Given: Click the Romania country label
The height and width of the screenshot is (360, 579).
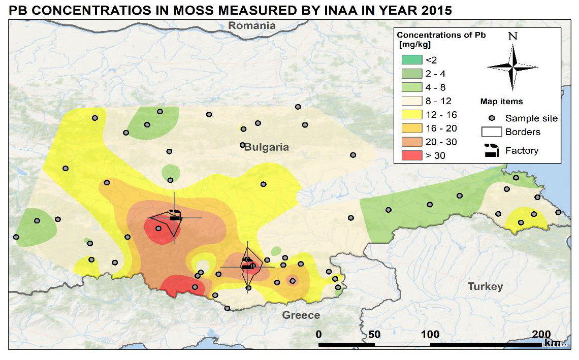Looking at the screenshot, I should (252, 25).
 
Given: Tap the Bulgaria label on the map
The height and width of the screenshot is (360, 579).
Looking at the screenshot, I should (266, 147).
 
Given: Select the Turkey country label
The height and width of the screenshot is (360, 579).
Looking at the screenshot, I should (485, 286).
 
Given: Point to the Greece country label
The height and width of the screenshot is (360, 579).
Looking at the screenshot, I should (301, 315).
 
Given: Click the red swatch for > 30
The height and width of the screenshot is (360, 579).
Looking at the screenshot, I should (409, 155).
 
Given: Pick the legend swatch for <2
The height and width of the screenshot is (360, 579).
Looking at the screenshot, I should (409, 60).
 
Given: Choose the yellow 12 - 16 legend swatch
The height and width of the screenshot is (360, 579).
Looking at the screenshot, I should (409, 115).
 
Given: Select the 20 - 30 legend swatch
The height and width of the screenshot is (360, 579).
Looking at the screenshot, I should (409, 142).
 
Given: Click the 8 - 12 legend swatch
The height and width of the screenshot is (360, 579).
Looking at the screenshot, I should (409, 101).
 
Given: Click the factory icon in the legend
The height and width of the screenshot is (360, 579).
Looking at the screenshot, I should (491, 150).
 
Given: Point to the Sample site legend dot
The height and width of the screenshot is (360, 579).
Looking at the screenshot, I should (492, 118).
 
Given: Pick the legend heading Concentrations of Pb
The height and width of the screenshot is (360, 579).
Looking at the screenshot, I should (441, 35).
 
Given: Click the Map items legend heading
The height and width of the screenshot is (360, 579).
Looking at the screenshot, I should (501, 102).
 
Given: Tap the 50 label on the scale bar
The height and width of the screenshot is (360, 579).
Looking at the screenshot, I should (374, 334).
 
